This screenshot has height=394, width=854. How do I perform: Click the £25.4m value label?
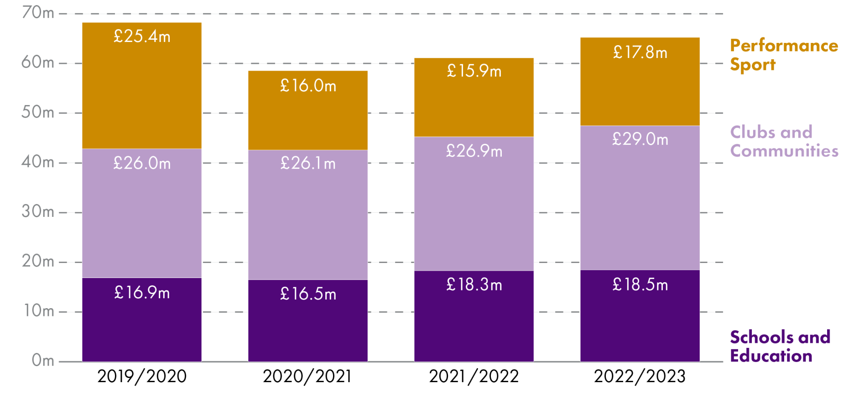click(x=142, y=37)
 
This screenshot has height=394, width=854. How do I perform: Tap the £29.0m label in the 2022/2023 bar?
click(x=640, y=139)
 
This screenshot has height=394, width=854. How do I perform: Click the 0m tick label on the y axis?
click(x=42, y=361)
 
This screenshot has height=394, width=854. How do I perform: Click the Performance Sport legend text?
click(x=783, y=55)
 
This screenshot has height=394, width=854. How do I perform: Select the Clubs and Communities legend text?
click(x=783, y=142)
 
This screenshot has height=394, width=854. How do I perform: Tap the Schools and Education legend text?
click(x=780, y=347)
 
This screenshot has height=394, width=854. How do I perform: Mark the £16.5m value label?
click(x=308, y=294)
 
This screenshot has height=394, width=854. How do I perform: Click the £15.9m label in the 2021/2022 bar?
click(x=474, y=71)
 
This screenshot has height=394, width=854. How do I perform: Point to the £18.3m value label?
click(x=474, y=285)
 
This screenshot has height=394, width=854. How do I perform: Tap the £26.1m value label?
click(x=308, y=163)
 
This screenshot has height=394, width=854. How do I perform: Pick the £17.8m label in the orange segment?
click(x=640, y=53)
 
